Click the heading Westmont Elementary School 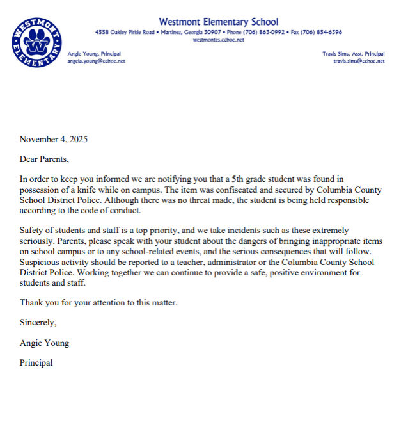pos(218,22)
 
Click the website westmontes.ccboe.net pos(218,39)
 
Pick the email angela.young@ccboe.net pos(96,61)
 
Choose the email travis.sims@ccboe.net pos(359,61)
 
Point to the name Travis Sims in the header pos(336,54)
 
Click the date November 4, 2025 pos(54,139)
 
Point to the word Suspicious pos(40,262)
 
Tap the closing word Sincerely pos(38,322)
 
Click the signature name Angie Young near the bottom pos(44,343)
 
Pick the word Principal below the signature pos(36,362)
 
